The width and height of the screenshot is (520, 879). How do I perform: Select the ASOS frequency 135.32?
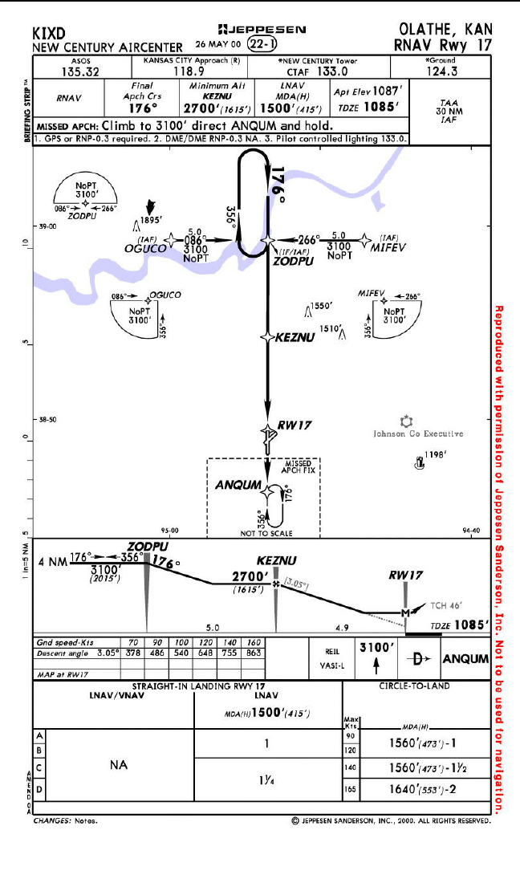tap(83, 71)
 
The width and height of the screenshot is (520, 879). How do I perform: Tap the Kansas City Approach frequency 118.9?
tap(191, 71)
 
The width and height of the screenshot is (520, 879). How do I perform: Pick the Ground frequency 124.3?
tap(441, 71)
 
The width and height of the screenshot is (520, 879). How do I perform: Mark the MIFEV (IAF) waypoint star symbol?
tap(365, 239)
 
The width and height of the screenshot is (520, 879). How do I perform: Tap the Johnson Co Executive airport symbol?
tap(406, 421)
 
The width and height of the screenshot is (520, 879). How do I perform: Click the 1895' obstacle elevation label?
tap(152, 220)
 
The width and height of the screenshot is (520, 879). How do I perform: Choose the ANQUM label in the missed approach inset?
tap(238, 485)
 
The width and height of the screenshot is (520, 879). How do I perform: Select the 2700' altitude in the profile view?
tap(249, 576)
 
